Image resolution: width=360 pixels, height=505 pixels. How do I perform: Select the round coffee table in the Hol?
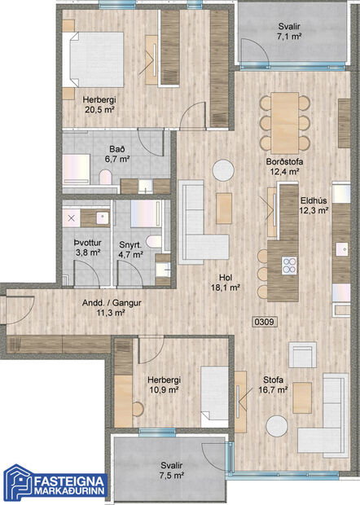222,169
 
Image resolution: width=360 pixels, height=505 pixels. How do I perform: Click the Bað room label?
118,149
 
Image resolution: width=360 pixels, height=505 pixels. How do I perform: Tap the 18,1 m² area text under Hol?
224,288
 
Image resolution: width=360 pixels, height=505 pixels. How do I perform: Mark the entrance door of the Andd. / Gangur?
18,314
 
